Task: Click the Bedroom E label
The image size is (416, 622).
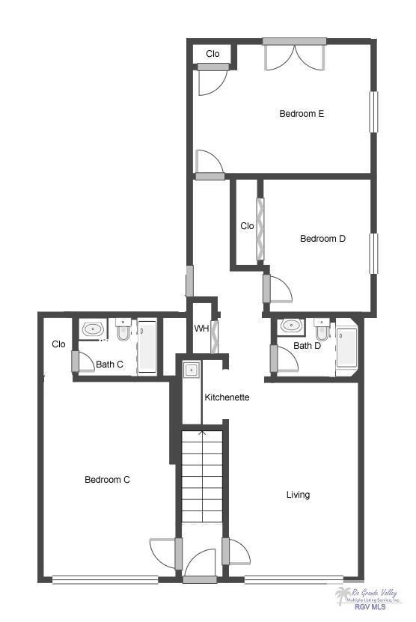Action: [301, 114]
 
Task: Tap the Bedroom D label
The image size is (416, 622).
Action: [322, 239]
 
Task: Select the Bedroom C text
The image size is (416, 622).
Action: [107, 480]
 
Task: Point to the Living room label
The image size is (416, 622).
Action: [298, 495]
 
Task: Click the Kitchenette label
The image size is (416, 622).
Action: [227, 397]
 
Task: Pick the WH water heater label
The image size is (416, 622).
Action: [201, 329]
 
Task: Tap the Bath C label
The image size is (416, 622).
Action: [109, 365]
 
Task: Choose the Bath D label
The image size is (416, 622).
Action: [307, 346]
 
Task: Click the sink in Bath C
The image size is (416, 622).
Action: [94, 329]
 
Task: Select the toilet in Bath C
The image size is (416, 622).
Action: [123, 330]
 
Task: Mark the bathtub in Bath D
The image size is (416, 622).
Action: [346, 348]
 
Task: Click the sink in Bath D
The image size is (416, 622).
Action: [290, 326]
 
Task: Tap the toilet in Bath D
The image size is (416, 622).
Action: [322, 329]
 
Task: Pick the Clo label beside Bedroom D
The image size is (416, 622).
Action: [247, 226]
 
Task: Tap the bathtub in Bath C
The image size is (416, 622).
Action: [147, 347]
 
